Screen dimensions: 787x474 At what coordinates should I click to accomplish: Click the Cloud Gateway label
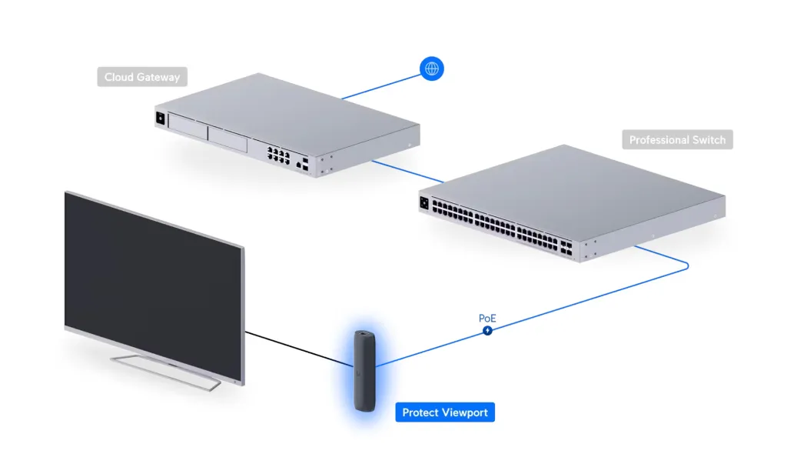(142, 77)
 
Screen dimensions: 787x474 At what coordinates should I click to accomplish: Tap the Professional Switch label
(677, 140)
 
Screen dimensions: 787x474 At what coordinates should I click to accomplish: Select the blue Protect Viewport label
(445, 412)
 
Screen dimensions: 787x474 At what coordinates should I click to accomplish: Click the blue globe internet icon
(432, 68)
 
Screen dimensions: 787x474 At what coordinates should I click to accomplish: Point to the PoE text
(486, 318)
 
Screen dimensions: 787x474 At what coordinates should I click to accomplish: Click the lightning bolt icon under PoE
(487, 330)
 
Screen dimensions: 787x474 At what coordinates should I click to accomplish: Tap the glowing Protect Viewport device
(365, 371)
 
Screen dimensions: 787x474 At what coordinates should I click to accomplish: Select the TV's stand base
(167, 372)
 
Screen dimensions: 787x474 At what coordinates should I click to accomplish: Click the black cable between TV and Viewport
(299, 349)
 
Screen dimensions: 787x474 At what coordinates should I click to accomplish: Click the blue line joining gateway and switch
(407, 172)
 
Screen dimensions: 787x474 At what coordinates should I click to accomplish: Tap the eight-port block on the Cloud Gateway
(278, 155)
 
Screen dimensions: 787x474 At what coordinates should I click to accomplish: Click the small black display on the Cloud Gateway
(161, 118)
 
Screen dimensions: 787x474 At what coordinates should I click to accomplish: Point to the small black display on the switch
(424, 203)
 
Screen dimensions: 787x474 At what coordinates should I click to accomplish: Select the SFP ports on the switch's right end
(566, 247)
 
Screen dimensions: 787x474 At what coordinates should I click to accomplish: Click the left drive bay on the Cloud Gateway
(188, 125)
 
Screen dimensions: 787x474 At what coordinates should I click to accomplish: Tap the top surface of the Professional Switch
(572, 190)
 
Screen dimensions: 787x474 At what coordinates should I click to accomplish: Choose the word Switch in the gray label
(707, 140)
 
